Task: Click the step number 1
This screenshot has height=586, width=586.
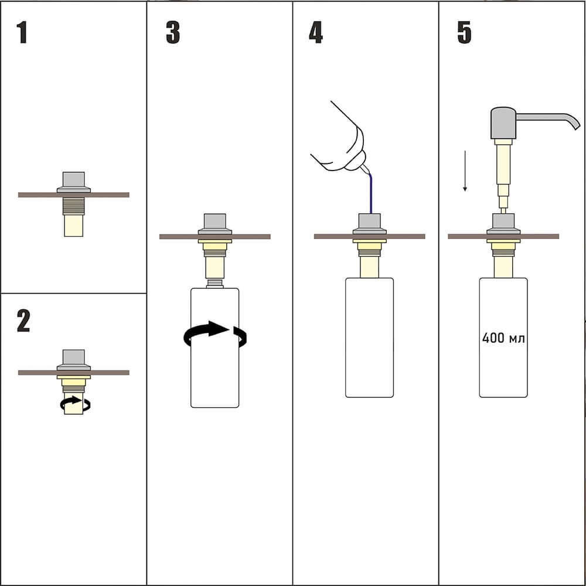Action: point(22,32)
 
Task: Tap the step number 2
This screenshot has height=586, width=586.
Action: point(23,321)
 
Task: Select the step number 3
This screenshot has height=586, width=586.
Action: point(173,32)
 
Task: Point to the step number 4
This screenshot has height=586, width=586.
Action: point(316,32)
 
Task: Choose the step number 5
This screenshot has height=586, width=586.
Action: point(464,32)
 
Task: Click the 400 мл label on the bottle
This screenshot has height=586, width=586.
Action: point(503,338)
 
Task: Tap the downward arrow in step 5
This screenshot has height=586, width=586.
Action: point(465,171)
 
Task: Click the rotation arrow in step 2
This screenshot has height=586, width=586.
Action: point(75,404)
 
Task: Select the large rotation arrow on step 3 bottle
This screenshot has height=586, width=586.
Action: point(215,335)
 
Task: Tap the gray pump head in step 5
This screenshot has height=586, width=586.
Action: point(503,123)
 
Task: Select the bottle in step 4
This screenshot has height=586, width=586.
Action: point(369,338)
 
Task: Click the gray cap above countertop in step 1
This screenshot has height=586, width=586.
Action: point(74,182)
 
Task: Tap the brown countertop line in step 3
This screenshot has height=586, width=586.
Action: point(215,237)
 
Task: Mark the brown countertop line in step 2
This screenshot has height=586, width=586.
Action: point(74,373)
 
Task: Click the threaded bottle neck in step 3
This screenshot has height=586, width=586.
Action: point(215,283)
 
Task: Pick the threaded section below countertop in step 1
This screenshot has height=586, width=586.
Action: point(74,206)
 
